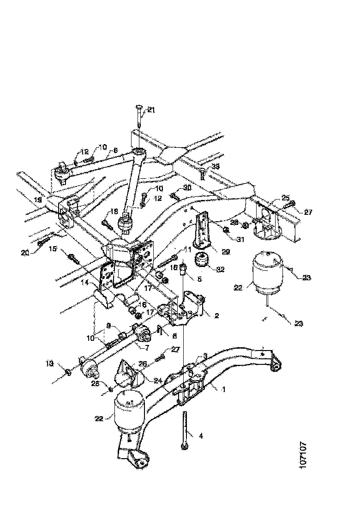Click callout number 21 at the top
point(151,109)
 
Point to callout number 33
point(216,166)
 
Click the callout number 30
point(186,187)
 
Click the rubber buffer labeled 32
point(201,261)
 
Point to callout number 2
point(216,315)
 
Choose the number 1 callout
point(223,389)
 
